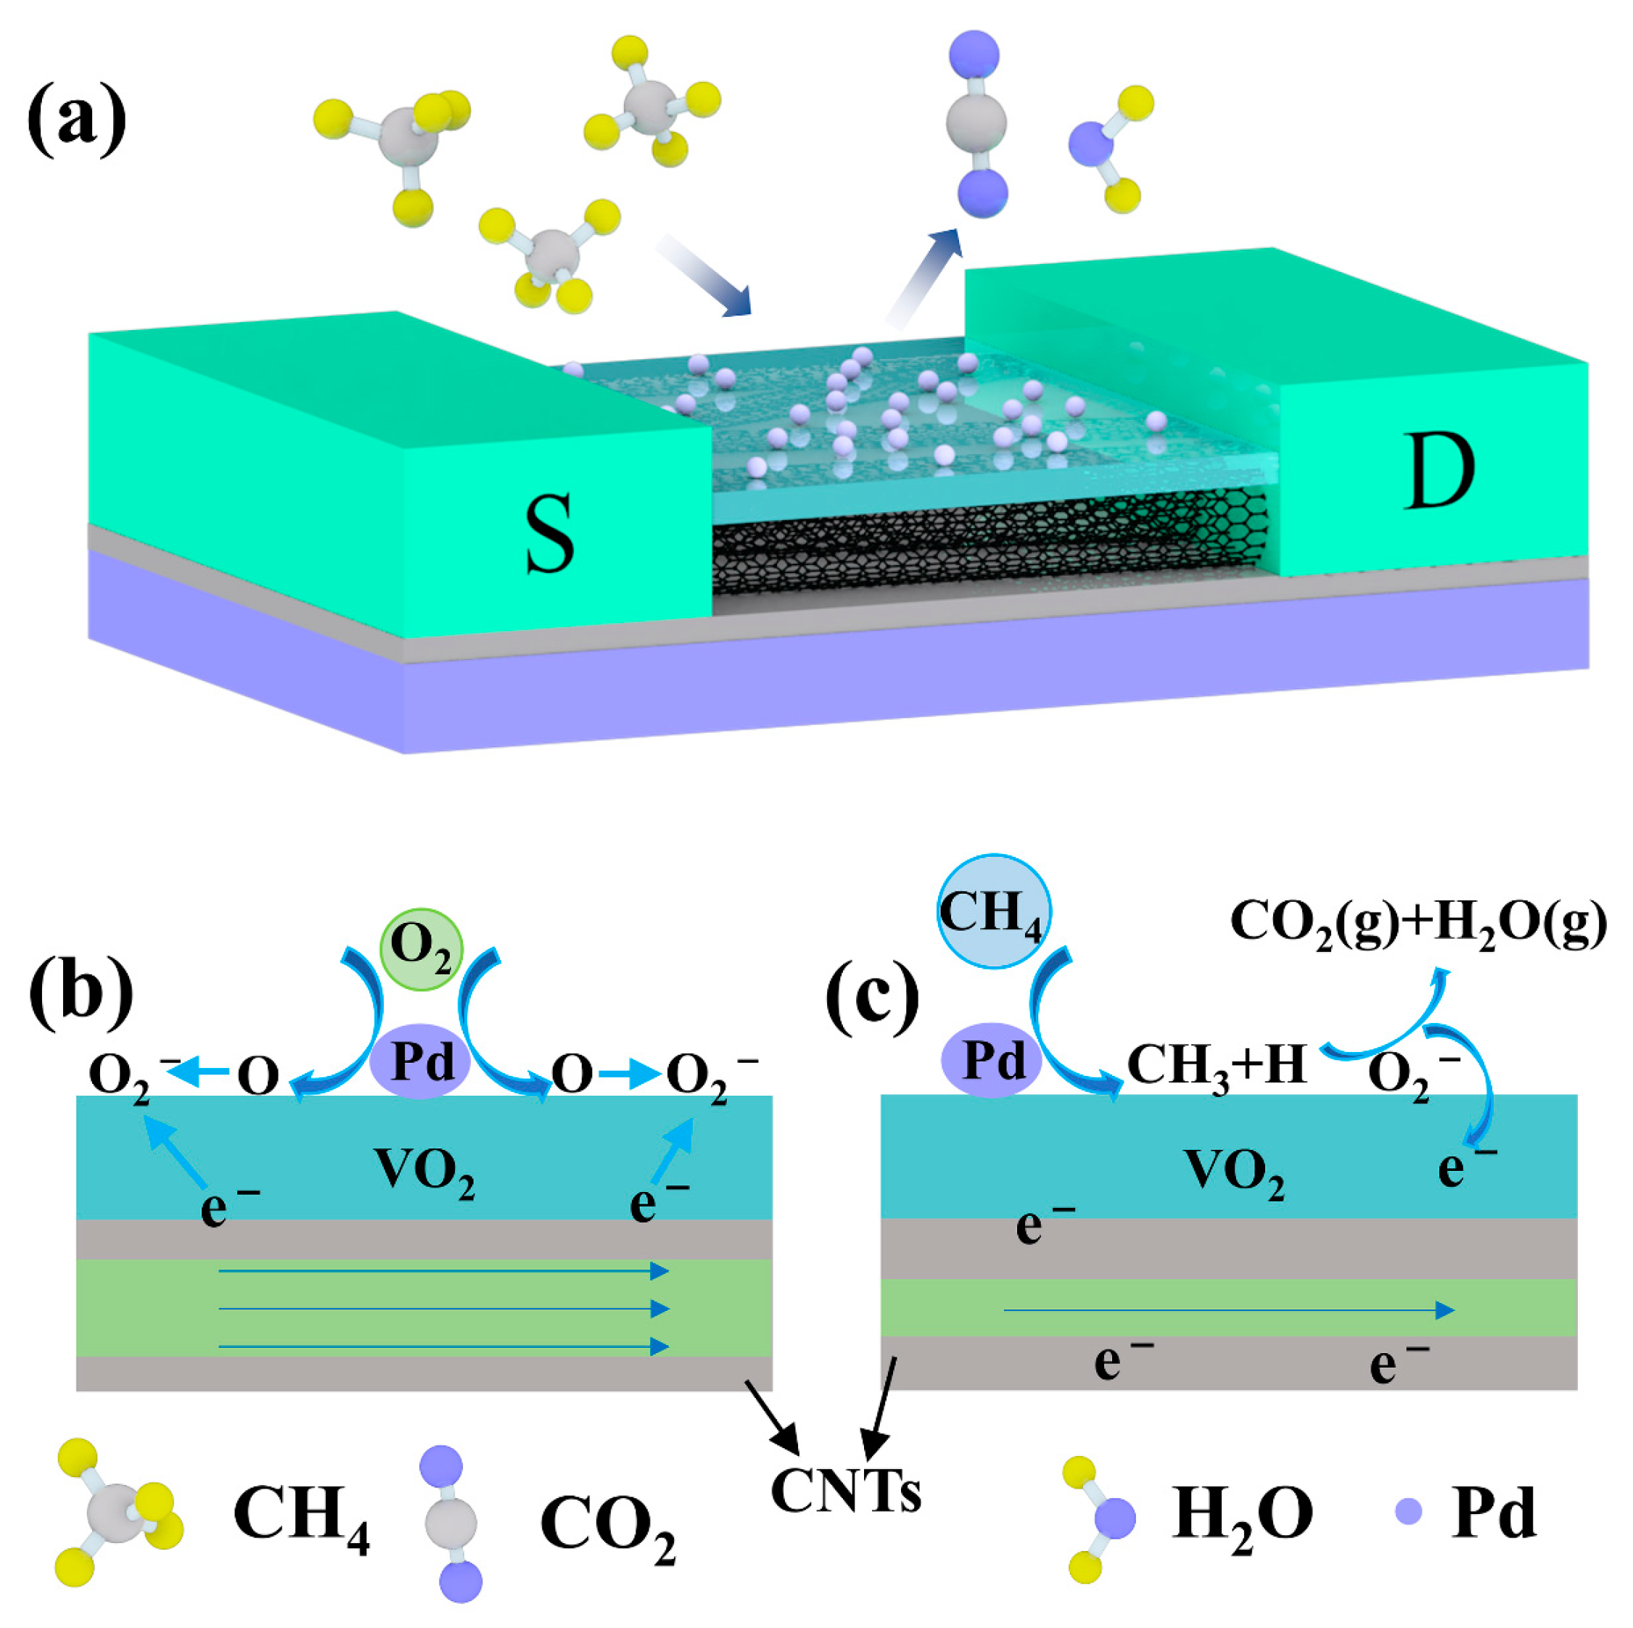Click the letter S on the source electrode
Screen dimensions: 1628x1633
(549, 534)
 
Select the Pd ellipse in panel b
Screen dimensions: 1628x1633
(420, 1061)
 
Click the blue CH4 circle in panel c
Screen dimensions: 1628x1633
(994, 913)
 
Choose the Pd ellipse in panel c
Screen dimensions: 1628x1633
(992, 1060)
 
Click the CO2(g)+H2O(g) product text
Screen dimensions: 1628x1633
(1418, 922)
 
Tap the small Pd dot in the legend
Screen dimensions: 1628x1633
(1408, 1510)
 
